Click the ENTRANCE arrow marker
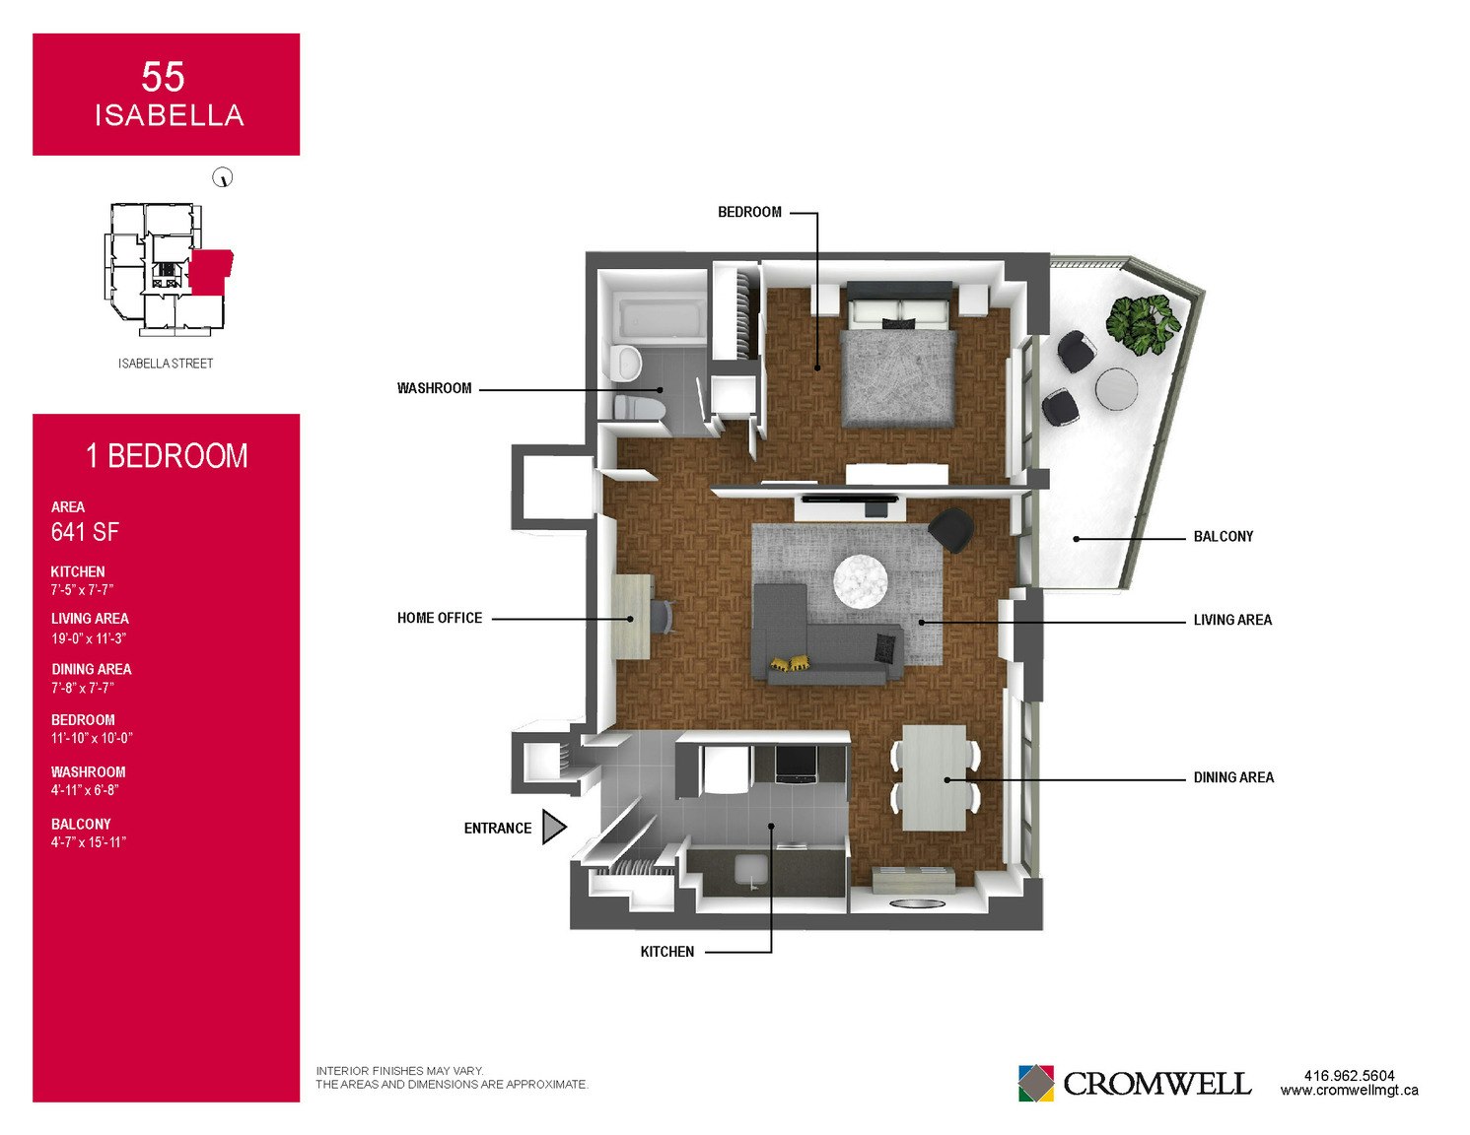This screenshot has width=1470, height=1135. (553, 827)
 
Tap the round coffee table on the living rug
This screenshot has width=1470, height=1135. (860, 580)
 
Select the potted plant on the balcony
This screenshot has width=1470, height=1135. (1144, 324)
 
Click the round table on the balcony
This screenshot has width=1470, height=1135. (1116, 389)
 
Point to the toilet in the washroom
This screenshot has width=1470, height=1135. (639, 408)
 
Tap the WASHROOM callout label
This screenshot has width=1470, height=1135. (435, 388)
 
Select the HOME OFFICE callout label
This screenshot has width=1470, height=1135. (440, 618)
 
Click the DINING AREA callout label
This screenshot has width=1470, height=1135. (1233, 777)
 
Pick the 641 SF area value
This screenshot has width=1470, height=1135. (85, 532)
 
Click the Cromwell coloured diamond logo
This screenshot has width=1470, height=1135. (1035, 1083)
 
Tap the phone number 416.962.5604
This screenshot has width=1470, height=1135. (1349, 1076)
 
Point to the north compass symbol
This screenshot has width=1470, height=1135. (223, 177)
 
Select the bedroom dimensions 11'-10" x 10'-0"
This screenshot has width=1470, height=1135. (92, 738)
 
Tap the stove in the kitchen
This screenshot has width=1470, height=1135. (796, 764)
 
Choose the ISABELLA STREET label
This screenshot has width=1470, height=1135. (166, 364)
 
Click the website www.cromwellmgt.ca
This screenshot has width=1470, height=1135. (1349, 1091)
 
